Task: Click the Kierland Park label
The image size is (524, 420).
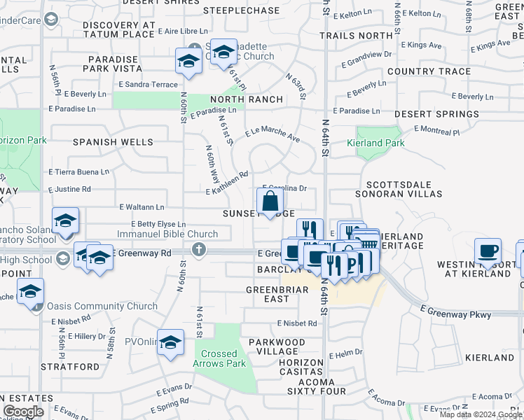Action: [375, 143]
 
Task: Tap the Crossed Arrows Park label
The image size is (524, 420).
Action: [219, 358]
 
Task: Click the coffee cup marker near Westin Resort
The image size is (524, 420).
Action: [488, 251]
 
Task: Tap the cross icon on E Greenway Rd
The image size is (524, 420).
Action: [199, 249]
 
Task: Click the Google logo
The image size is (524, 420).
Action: [22, 412]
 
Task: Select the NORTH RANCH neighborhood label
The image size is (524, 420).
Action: [235, 99]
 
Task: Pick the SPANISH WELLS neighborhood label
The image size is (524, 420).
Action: [113, 142]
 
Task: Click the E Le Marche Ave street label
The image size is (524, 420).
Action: [272, 135]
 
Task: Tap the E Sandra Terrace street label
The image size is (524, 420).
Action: [149, 85]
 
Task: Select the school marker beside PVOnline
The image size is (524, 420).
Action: [170, 342]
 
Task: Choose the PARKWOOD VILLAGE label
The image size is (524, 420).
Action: [277, 347]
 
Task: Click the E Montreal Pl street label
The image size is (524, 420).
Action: [436, 130]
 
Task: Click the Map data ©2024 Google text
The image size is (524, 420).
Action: [480, 414]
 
